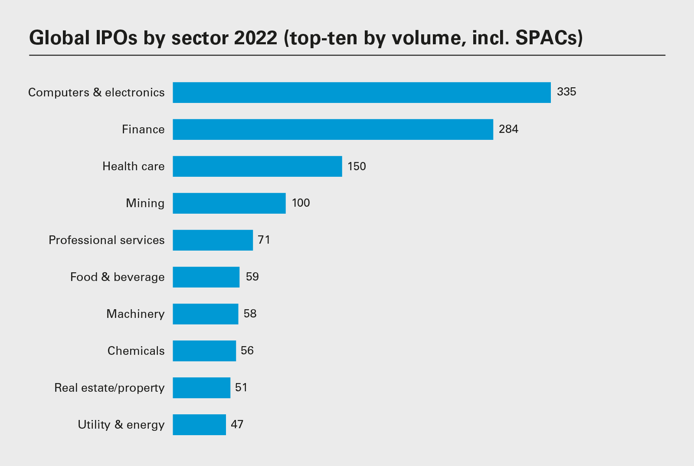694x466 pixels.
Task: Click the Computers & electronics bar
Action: point(361,93)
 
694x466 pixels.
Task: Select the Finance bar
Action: point(333,129)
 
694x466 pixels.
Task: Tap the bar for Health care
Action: point(257,166)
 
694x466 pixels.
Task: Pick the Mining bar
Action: point(229,203)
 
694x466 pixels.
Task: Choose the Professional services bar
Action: point(213,240)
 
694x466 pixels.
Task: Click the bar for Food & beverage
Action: point(206,277)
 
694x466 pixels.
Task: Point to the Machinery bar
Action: point(205,314)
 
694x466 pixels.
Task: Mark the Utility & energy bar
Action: point(199,425)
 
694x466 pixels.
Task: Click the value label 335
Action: point(566,92)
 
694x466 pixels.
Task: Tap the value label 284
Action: point(508,129)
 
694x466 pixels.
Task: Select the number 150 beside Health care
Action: point(357,166)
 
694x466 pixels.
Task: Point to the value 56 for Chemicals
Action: point(247,350)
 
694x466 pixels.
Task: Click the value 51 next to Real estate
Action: point(241,387)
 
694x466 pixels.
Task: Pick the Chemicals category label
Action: point(136,351)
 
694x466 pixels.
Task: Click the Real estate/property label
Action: point(109,388)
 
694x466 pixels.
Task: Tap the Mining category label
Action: point(145,203)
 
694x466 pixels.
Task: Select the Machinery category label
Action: point(135,314)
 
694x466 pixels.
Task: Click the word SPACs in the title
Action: point(547,38)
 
